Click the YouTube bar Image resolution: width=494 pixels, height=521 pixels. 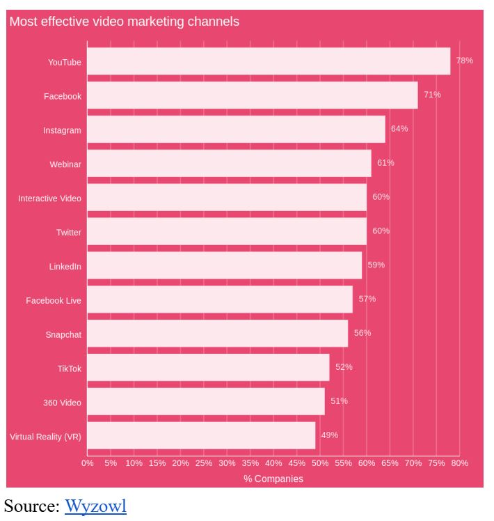click(269, 61)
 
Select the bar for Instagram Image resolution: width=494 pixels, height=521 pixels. click(236, 130)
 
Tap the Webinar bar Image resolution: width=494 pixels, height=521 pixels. click(229, 164)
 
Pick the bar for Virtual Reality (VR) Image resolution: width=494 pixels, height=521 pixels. click(201, 435)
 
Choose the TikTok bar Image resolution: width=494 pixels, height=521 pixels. click(208, 368)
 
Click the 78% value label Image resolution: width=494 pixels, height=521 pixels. click(464, 61)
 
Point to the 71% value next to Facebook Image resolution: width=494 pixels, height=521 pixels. click(432, 95)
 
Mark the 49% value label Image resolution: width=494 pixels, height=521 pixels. click(329, 435)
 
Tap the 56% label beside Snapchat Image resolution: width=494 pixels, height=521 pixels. click(362, 333)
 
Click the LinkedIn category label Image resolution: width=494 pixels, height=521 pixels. click(65, 267)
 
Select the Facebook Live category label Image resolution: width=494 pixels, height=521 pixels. click(54, 301)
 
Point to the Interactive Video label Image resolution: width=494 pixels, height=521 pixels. click(49, 199)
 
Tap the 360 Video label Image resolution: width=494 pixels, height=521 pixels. click(62, 403)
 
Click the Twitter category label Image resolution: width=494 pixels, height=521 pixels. click(68, 233)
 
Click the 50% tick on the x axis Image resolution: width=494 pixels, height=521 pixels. click(320, 463)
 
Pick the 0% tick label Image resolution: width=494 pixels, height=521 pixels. click(88, 463)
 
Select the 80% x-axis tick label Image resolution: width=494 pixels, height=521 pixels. click(459, 463)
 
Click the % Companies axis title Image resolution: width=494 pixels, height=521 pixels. click(273, 479)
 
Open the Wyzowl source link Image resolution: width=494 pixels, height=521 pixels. click(95, 506)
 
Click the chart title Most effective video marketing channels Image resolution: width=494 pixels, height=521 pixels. click(124, 22)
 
